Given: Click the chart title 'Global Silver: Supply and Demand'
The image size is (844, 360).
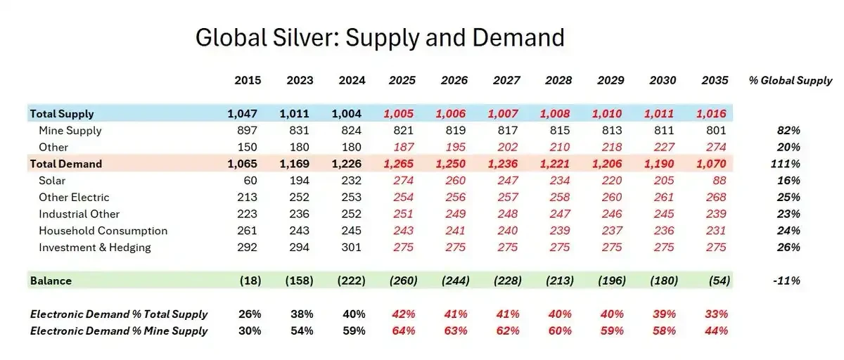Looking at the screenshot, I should (x=380, y=37).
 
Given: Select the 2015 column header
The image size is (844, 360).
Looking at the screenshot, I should (x=248, y=81).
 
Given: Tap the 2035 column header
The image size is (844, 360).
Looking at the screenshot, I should (x=715, y=81).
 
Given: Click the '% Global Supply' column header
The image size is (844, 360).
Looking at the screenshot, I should (x=791, y=81).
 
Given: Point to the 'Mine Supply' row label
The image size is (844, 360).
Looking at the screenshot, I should (x=70, y=131).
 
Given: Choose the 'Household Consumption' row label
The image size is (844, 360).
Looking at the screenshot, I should (x=103, y=231).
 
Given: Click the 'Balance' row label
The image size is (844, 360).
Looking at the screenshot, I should (x=51, y=281).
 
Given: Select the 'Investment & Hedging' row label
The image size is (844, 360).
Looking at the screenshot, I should (x=95, y=247).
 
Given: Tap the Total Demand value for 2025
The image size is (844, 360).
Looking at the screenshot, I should (x=399, y=164).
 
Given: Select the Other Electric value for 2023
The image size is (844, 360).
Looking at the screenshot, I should (x=300, y=198).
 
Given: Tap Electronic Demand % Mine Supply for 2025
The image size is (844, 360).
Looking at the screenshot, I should (x=403, y=330).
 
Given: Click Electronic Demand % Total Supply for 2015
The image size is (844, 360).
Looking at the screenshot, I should (x=250, y=314).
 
